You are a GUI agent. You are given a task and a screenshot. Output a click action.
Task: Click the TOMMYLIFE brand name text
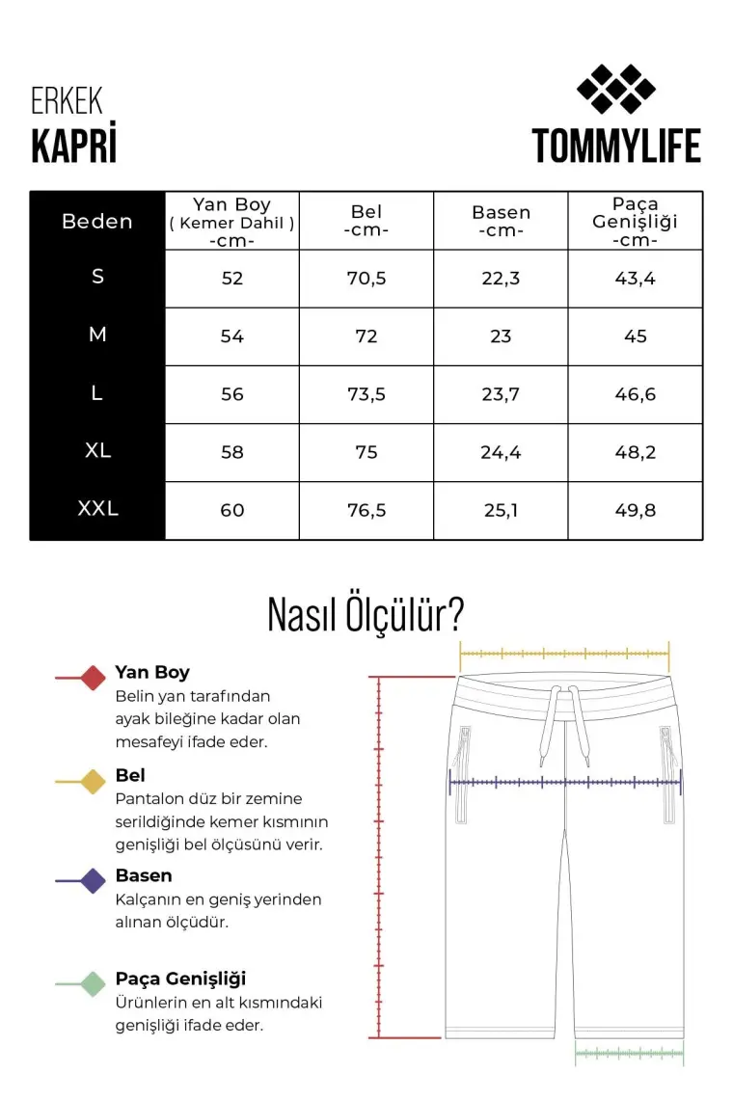tap(616, 146)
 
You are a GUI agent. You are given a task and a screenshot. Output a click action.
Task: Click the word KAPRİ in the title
tap(73, 146)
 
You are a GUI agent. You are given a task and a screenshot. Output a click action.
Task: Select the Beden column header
tap(97, 221)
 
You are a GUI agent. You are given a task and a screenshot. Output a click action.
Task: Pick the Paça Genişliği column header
tap(635, 221)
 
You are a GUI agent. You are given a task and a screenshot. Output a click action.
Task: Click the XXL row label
tap(97, 509)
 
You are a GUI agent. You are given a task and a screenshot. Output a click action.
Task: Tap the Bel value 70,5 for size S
tap(366, 279)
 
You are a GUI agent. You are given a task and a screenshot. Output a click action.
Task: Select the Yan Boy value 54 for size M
tap(232, 336)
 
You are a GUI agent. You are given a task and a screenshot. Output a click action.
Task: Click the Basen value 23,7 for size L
tap(501, 394)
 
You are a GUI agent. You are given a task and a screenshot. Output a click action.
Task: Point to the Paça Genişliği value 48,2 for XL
tap(635, 452)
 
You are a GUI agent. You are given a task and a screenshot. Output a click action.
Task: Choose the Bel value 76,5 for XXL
tap(366, 510)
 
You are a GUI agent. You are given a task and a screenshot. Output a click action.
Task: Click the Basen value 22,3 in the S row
tap(501, 279)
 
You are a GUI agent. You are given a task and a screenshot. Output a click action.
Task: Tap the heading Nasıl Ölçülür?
tap(366, 614)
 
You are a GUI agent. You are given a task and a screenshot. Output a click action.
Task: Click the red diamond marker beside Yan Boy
tap(93, 678)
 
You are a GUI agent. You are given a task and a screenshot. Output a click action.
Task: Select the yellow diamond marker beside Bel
tap(93, 781)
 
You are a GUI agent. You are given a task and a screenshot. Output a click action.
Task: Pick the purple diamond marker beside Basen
tap(93, 880)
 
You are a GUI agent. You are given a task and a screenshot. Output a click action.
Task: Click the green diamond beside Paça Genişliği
tap(93, 983)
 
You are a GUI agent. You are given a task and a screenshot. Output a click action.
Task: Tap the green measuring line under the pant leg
tap(629, 1054)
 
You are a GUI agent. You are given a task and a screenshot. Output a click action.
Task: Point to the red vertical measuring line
tap(380, 858)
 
